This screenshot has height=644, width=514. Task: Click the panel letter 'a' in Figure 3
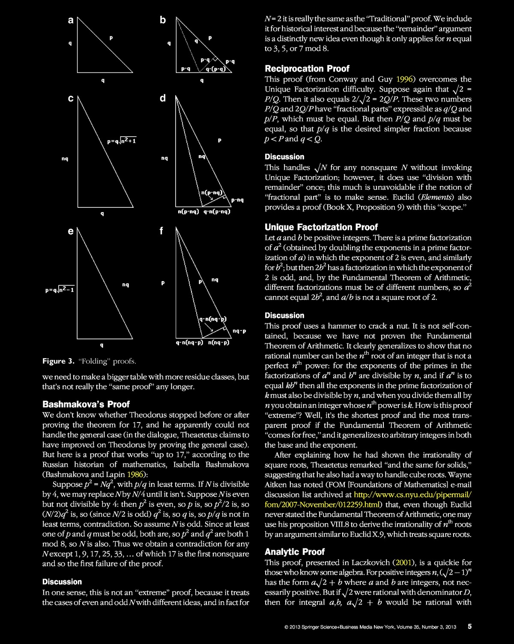pos(71,20)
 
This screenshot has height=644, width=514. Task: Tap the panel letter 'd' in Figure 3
pos(163,99)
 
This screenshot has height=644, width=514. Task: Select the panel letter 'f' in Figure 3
pos(161,231)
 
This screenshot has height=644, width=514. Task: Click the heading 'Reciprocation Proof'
pos(307,69)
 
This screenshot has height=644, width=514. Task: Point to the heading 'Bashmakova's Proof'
pos(86,404)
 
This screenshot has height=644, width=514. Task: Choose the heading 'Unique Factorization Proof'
pos(321,227)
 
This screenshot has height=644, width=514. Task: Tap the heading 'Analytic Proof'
pos(294,551)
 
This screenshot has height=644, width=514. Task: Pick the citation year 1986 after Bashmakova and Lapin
pos(136,474)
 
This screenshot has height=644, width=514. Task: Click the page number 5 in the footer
pos(469,627)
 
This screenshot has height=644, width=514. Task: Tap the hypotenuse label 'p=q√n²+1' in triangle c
pos(122,141)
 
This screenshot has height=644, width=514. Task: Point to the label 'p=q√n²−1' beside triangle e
pos(60,290)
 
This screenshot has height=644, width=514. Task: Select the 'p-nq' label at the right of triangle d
pos(237,200)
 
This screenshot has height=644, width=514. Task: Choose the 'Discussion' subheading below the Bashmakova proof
pos(62,582)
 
